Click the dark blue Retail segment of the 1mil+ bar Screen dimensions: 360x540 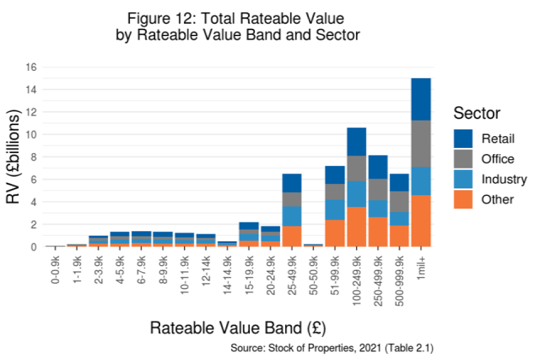[x=421, y=99]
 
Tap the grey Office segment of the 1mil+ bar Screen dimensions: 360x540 [x=421, y=143]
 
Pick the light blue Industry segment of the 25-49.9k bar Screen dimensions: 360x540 [x=292, y=216]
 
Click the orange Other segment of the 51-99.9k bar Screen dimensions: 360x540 [x=335, y=233]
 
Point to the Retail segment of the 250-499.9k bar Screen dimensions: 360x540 [x=378, y=167]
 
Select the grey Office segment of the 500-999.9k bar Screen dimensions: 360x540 [x=399, y=201]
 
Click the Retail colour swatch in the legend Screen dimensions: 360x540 [x=464, y=138]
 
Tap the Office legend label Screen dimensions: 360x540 [x=497, y=159]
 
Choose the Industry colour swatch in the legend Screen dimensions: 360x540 [x=464, y=179]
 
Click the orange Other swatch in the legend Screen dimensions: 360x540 [x=464, y=199]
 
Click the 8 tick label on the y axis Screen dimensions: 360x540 [x=33, y=157]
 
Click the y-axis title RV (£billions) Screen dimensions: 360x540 [x=13, y=157]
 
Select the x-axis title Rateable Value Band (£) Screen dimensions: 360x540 [x=238, y=327]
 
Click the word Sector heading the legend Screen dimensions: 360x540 [x=476, y=114]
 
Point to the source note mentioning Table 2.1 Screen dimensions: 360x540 [x=332, y=349]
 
